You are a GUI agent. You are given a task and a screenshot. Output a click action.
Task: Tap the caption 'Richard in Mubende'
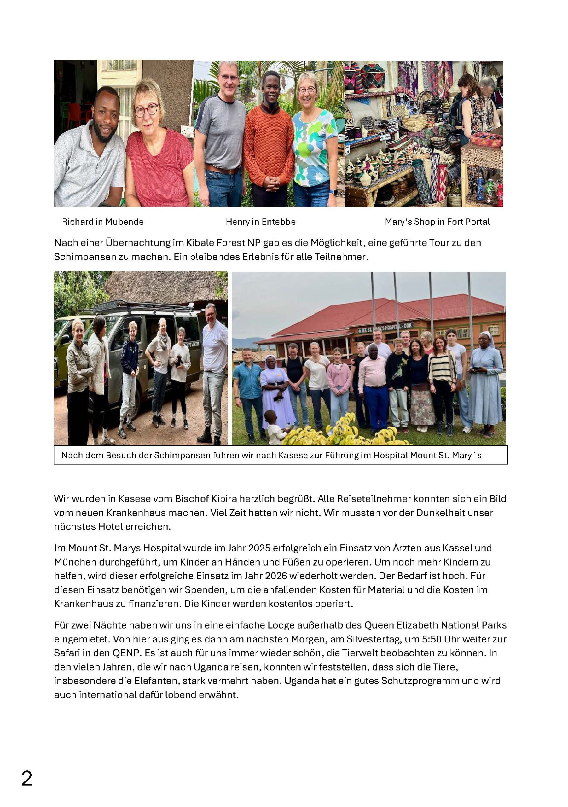[103, 222]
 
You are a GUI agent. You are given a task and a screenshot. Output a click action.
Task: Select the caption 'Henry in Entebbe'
[260, 222]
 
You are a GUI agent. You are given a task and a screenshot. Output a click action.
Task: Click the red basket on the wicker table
[486, 139]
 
